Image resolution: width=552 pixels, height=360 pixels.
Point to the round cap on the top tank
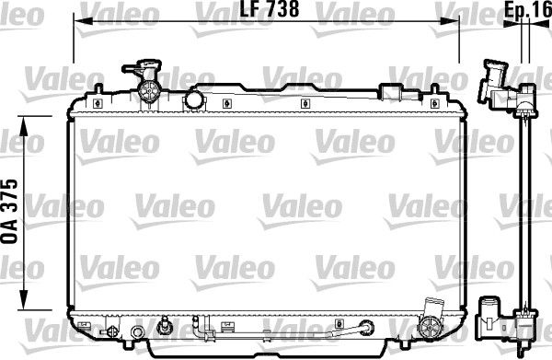(194, 99)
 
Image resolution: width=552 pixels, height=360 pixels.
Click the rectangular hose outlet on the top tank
(395, 92)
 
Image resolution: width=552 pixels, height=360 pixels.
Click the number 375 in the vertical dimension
(10, 191)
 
